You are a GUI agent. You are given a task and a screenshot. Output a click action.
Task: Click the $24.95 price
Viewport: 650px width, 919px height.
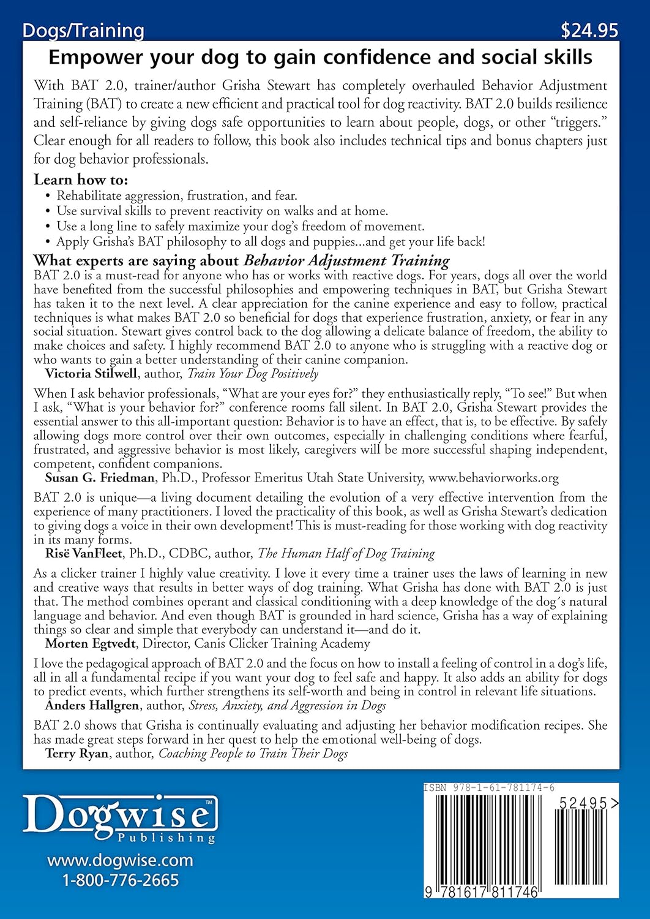589,30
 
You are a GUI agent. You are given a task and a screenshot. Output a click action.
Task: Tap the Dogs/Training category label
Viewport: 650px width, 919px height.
83,30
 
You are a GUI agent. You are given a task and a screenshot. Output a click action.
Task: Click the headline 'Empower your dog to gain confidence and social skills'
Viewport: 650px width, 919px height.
320,58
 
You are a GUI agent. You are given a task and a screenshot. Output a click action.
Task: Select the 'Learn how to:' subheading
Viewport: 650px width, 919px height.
81,180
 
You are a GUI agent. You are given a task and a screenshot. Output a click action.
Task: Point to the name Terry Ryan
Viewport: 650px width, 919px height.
77,754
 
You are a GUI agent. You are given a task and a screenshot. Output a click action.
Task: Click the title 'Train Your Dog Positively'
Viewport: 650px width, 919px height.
253,374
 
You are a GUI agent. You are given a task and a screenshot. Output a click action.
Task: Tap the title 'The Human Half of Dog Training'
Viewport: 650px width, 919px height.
346,554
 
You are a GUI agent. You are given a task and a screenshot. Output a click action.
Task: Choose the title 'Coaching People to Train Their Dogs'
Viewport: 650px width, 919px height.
253,754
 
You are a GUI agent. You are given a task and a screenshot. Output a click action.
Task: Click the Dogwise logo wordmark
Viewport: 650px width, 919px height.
120,815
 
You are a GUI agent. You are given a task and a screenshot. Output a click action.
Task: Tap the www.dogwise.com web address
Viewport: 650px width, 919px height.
120,860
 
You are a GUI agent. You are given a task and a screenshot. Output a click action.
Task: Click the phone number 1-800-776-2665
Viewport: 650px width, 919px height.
120,880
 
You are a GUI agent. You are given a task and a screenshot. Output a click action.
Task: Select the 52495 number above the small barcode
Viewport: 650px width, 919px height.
583,803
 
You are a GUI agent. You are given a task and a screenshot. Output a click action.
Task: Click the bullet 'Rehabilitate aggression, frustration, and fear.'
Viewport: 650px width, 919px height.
176,196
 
